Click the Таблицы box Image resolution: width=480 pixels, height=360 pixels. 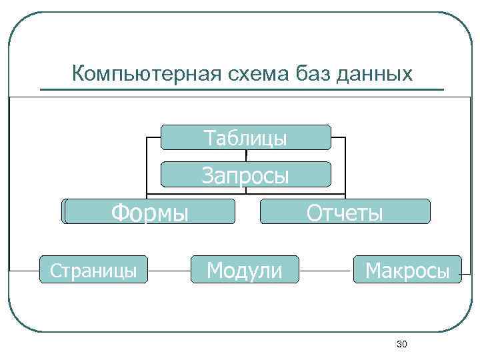pyautogui.click(x=246, y=137)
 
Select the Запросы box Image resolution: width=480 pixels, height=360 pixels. pyautogui.click(x=246, y=175)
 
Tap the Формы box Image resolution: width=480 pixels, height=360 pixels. pyautogui.click(x=150, y=212)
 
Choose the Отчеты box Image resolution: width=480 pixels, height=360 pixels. pyautogui.click(x=345, y=212)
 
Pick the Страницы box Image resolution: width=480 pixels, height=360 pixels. pyautogui.click(x=93, y=270)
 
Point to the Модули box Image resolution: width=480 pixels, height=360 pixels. pyautogui.click(x=245, y=270)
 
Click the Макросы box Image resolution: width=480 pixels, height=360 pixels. pyautogui.click(x=407, y=270)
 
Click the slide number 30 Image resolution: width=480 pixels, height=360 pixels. pyautogui.click(x=401, y=344)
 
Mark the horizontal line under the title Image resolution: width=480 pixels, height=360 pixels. pyautogui.click(x=241, y=89)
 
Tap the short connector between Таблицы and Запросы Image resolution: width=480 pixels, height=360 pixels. pyautogui.click(x=246, y=156)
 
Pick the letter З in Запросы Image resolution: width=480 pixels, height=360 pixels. pyautogui.click(x=209, y=175)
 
